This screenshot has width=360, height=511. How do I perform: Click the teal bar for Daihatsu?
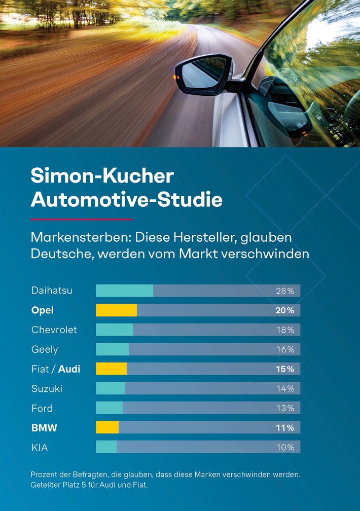124,290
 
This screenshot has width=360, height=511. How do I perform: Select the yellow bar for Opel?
116,310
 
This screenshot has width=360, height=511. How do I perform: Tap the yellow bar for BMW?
107,427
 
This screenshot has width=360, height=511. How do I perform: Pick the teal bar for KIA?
106,447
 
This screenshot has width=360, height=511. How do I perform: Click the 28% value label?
285,291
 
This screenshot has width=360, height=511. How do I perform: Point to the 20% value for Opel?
284,310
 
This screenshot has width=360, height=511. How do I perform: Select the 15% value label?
285,369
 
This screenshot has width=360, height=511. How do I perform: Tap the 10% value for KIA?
285,447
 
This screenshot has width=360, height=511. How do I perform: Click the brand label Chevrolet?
54,330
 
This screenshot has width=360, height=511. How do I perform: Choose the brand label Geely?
45,350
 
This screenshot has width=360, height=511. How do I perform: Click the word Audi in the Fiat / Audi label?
69,369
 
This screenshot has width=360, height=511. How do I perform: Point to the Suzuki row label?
47,389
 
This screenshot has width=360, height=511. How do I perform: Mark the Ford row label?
42,408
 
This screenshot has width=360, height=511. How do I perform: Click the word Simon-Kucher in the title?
102,176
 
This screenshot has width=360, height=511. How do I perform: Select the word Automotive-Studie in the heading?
126,200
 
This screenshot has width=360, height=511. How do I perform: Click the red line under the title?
81,220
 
